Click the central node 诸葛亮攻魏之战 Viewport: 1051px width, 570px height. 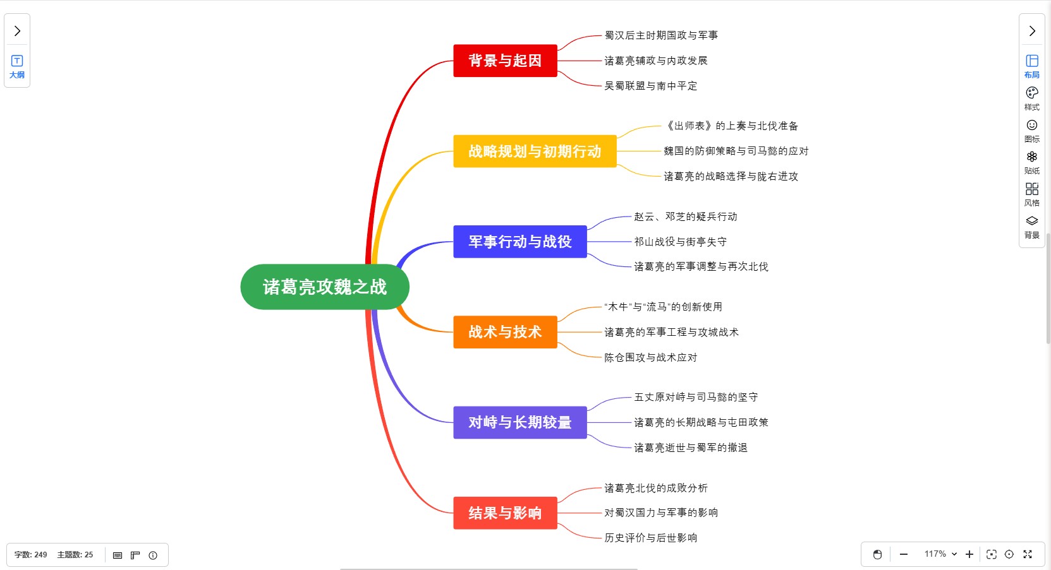point(325,287)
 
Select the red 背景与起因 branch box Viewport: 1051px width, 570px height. point(505,61)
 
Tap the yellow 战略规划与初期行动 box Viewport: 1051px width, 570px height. point(535,151)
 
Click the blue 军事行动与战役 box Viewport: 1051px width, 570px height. point(519,242)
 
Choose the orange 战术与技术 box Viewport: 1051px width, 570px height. point(505,332)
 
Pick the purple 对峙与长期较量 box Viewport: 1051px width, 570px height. point(519,422)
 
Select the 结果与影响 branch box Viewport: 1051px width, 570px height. point(505,513)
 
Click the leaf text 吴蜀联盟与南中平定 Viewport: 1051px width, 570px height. point(650,86)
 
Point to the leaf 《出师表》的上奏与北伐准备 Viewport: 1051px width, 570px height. point(731,126)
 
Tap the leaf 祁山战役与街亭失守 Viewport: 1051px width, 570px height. point(680,242)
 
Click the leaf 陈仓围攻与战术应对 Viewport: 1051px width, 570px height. point(650,357)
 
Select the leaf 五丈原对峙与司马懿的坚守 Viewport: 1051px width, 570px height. point(695,397)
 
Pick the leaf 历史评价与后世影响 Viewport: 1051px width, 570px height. point(650,538)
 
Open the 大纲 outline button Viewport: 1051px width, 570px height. point(17,66)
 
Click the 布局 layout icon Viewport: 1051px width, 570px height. point(1031,65)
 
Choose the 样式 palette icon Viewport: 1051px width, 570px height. point(1031,97)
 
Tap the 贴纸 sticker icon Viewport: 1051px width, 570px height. point(1031,161)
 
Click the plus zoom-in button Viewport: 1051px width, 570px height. point(969,554)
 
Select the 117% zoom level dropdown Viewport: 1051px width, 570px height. point(940,554)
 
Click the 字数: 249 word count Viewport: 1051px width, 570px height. point(31,555)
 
